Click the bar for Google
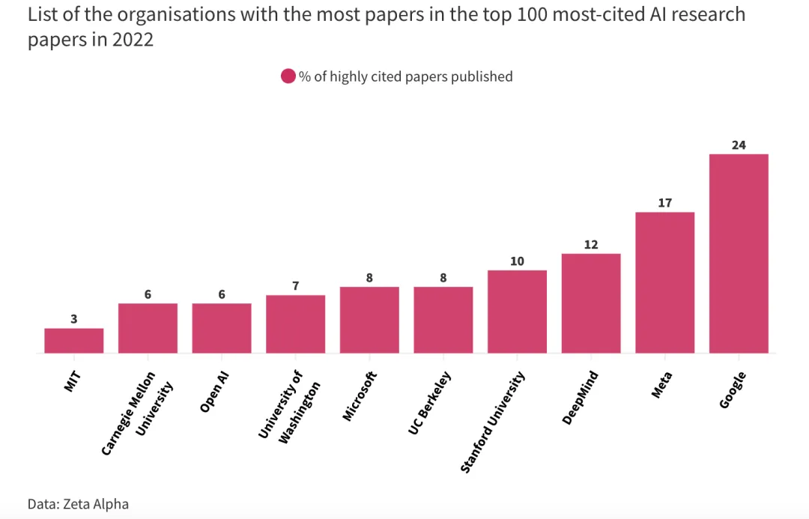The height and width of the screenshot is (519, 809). (739, 253)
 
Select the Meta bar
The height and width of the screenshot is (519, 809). (664, 282)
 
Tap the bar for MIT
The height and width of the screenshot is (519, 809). (73, 340)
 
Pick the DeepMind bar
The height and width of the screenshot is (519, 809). (591, 303)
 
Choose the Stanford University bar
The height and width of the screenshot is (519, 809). (517, 311)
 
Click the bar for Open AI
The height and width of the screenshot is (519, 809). (221, 327)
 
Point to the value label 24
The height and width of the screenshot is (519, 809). (739, 145)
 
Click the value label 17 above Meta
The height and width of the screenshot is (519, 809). (664, 203)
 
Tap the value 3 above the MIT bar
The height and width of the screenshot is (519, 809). (73, 319)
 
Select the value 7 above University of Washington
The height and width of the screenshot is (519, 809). (295, 286)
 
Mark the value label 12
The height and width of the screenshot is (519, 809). (591, 245)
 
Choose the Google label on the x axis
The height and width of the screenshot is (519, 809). (733, 389)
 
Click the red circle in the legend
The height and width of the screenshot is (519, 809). (288, 76)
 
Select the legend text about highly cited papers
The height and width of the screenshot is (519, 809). (405, 76)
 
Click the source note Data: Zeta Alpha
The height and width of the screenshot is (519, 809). (73, 504)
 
